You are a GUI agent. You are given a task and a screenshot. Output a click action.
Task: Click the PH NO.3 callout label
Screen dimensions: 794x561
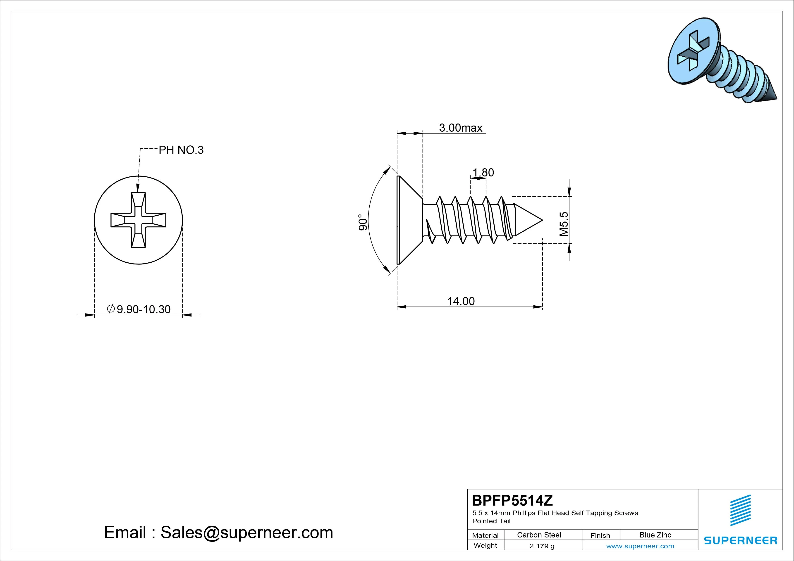[181, 150]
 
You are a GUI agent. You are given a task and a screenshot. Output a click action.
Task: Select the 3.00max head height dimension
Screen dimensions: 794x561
[461, 128]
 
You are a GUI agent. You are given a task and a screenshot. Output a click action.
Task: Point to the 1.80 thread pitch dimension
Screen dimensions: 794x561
[483, 172]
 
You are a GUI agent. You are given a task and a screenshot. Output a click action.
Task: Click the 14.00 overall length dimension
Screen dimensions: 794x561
[461, 301]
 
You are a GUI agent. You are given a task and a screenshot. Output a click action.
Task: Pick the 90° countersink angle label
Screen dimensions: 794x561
[362, 222]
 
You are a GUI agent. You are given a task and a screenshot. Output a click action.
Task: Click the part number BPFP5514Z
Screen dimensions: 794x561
[512, 500]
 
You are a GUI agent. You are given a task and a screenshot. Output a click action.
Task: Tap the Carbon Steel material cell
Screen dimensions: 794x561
[539, 535]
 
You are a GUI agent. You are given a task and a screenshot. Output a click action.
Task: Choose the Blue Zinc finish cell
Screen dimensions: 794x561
[655, 535]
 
